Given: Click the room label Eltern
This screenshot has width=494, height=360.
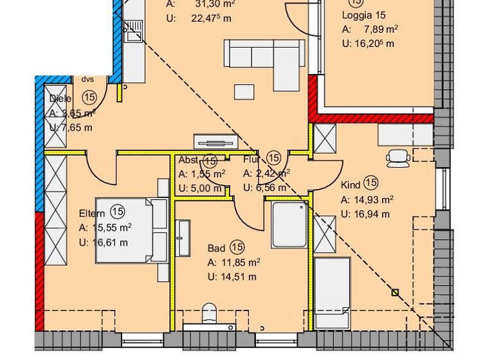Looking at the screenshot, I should click(93, 212).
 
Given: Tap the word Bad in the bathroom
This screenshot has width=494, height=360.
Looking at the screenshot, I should click(216, 248).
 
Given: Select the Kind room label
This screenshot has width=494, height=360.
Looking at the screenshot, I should click(351, 184).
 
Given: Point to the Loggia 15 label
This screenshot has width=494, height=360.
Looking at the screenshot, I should click(364, 14).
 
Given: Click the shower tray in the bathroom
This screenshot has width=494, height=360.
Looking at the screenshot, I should click(289, 225).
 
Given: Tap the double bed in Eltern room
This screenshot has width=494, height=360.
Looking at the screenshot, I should click(131, 230).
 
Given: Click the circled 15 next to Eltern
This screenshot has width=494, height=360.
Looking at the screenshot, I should click(117, 212).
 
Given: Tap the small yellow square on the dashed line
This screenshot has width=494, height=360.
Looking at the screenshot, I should click(395, 293).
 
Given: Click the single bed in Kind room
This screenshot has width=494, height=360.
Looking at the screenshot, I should click(332, 292).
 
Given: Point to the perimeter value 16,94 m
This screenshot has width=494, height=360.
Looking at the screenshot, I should click(374, 214).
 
